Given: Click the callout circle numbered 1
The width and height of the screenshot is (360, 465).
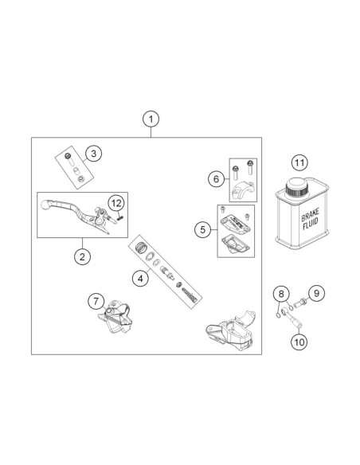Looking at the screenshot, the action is pyautogui.click(x=151, y=119).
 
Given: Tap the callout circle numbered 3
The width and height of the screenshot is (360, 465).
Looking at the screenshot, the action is pyautogui.click(x=93, y=154).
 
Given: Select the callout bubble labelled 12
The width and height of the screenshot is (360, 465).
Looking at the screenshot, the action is pyautogui.click(x=116, y=203).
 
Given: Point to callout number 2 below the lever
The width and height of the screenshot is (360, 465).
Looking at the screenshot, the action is pyautogui.click(x=82, y=256).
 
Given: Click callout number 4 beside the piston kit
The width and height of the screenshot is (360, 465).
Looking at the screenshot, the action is pyautogui.click(x=140, y=279).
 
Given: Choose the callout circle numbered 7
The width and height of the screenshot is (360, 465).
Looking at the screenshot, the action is pyautogui.click(x=96, y=302).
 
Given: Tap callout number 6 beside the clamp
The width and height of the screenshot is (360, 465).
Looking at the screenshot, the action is pyautogui.click(x=216, y=179).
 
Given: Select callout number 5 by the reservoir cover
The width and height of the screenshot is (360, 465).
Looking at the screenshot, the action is pyautogui.click(x=203, y=230).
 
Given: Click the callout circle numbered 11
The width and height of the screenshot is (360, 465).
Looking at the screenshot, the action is pyautogui.click(x=299, y=162).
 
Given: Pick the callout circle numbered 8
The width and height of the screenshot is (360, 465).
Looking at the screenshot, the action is pyautogui.click(x=281, y=294).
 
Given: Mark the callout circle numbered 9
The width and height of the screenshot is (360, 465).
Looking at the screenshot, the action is pyautogui.click(x=316, y=293).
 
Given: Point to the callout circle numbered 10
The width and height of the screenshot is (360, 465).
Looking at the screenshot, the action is pyautogui.click(x=299, y=342).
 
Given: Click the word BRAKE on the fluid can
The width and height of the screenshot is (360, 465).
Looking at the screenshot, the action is pyautogui.click(x=310, y=214).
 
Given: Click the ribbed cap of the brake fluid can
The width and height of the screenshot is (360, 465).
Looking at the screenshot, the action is pyautogui.click(x=297, y=187).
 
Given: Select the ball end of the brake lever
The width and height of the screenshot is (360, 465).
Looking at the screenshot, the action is pyautogui.click(x=45, y=204).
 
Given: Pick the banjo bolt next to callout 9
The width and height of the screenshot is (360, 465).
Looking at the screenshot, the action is pyautogui.click(x=300, y=303).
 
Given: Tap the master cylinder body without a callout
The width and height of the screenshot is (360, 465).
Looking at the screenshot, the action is pyautogui.click(x=231, y=330).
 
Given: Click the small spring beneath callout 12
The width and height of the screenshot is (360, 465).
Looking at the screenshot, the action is pyautogui.click(x=120, y=218).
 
